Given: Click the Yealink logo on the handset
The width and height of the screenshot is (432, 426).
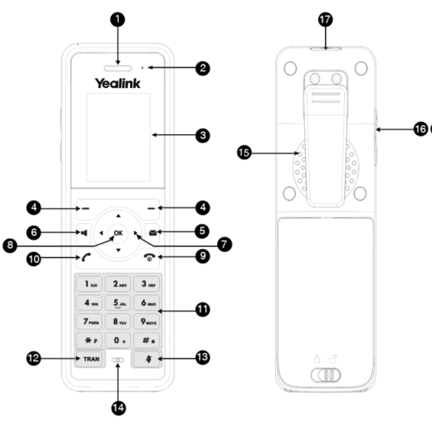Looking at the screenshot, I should click(118, 84).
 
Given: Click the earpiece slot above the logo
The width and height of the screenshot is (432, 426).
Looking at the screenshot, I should click(118, 67).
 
